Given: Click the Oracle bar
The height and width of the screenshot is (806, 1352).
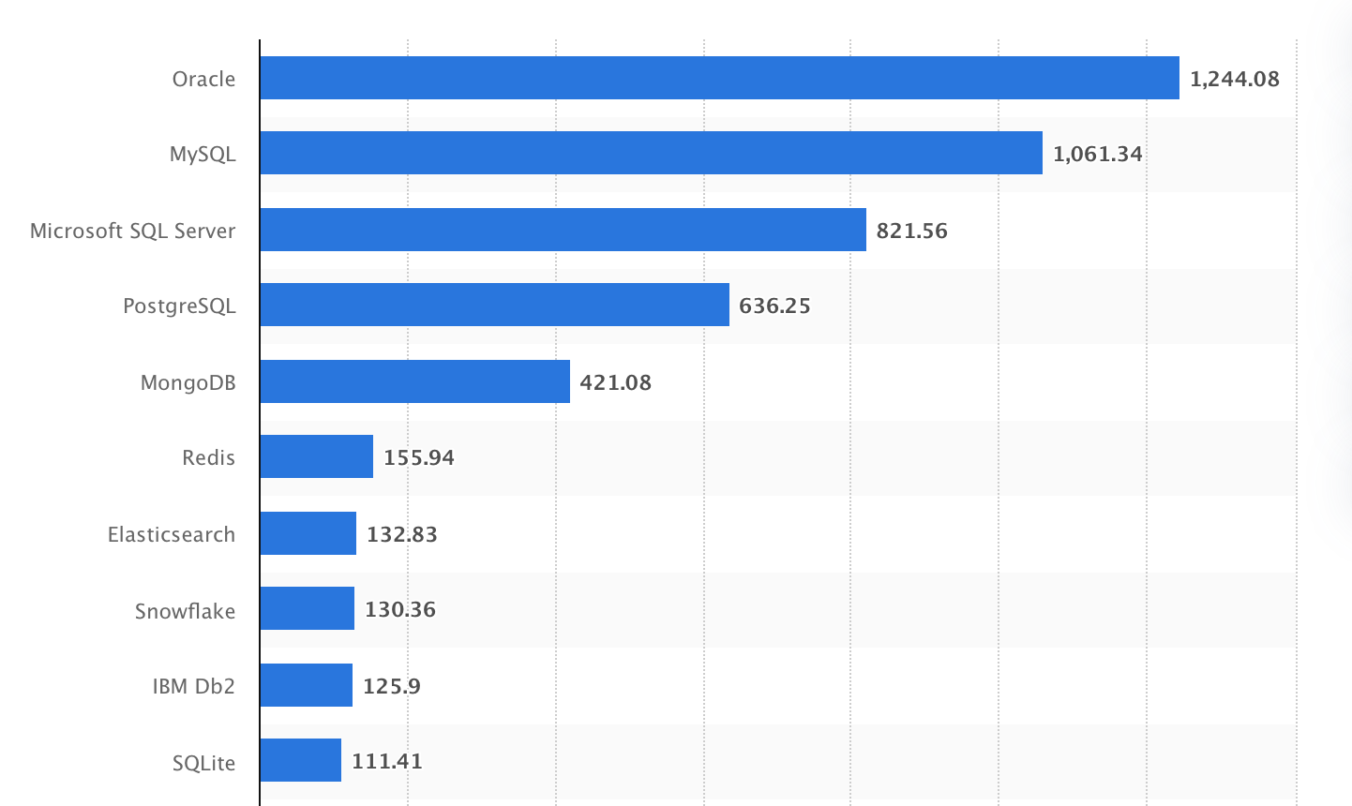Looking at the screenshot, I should [x=719, y=78].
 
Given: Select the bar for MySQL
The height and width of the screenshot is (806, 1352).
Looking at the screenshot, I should [x=651, y=153].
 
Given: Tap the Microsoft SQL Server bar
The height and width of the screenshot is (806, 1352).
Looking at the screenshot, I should [x=563, y=230].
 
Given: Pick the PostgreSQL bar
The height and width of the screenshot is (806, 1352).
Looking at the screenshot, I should [x=494, y=305].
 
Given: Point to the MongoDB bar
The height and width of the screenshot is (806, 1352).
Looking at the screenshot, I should [x=414, y=381].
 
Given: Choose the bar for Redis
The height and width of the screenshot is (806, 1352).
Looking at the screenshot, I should [x=316, y=456].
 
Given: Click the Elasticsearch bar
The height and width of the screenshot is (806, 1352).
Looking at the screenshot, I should [x=308, y=533].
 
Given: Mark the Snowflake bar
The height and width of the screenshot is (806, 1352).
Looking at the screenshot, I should [x=307, y=608].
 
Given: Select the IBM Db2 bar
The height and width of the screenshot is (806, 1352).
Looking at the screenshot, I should [x=306, y=685].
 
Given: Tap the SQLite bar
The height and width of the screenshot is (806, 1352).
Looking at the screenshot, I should [x=300, y=760].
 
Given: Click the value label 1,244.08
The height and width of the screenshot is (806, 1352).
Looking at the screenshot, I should [x=1234, y=79].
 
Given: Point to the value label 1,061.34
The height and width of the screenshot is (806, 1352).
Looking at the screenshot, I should [x=1097, y=154].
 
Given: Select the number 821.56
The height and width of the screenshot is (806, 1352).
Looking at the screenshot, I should [x=911, y=231].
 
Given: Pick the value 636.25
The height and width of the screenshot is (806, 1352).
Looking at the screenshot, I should [x=774, y=306].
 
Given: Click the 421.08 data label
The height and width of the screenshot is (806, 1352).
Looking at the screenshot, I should [x=615, y=382].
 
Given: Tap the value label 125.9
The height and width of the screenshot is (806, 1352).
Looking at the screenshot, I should [x=391, y=686].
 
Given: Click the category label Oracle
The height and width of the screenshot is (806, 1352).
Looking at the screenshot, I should [x=203, y=79].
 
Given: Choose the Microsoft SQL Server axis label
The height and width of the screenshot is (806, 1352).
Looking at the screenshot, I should [x=132, y=231].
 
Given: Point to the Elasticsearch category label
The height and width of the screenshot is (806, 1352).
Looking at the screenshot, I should [x=171, y=534].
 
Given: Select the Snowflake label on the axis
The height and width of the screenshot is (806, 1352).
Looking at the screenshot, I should [x=185, y=611].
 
